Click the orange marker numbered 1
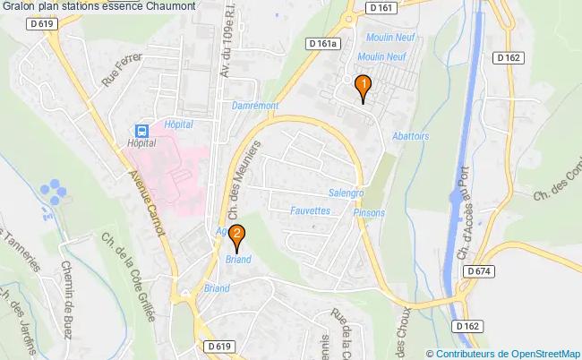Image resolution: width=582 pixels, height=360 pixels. (363, 87)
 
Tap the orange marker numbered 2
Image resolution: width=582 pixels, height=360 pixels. (236, 236)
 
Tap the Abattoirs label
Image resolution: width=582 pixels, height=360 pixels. (411, 136)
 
